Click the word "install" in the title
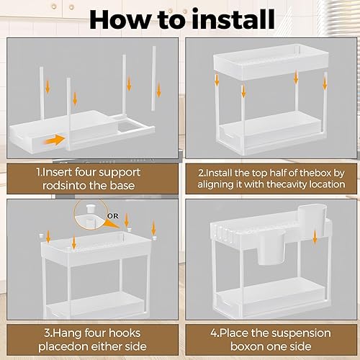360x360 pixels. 234,19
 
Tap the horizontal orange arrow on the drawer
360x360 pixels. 55,140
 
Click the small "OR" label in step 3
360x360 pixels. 113,216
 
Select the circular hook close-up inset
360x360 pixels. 91,215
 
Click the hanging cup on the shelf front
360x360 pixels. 272,248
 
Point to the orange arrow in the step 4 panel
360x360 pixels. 315,238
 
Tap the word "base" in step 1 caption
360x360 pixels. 122,186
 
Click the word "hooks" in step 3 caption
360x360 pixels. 125,333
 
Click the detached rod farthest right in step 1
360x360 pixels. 153,78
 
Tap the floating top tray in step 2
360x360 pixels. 271,62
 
